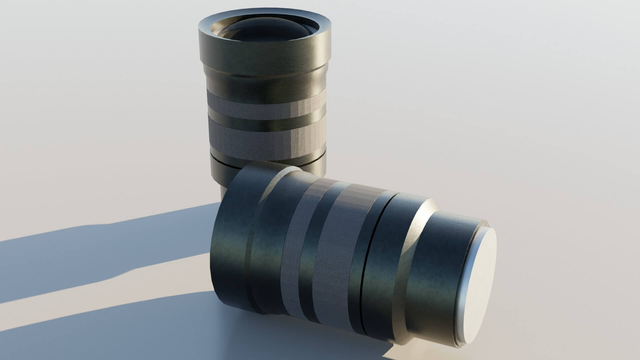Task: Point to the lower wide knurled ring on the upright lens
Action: coord(263,140)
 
